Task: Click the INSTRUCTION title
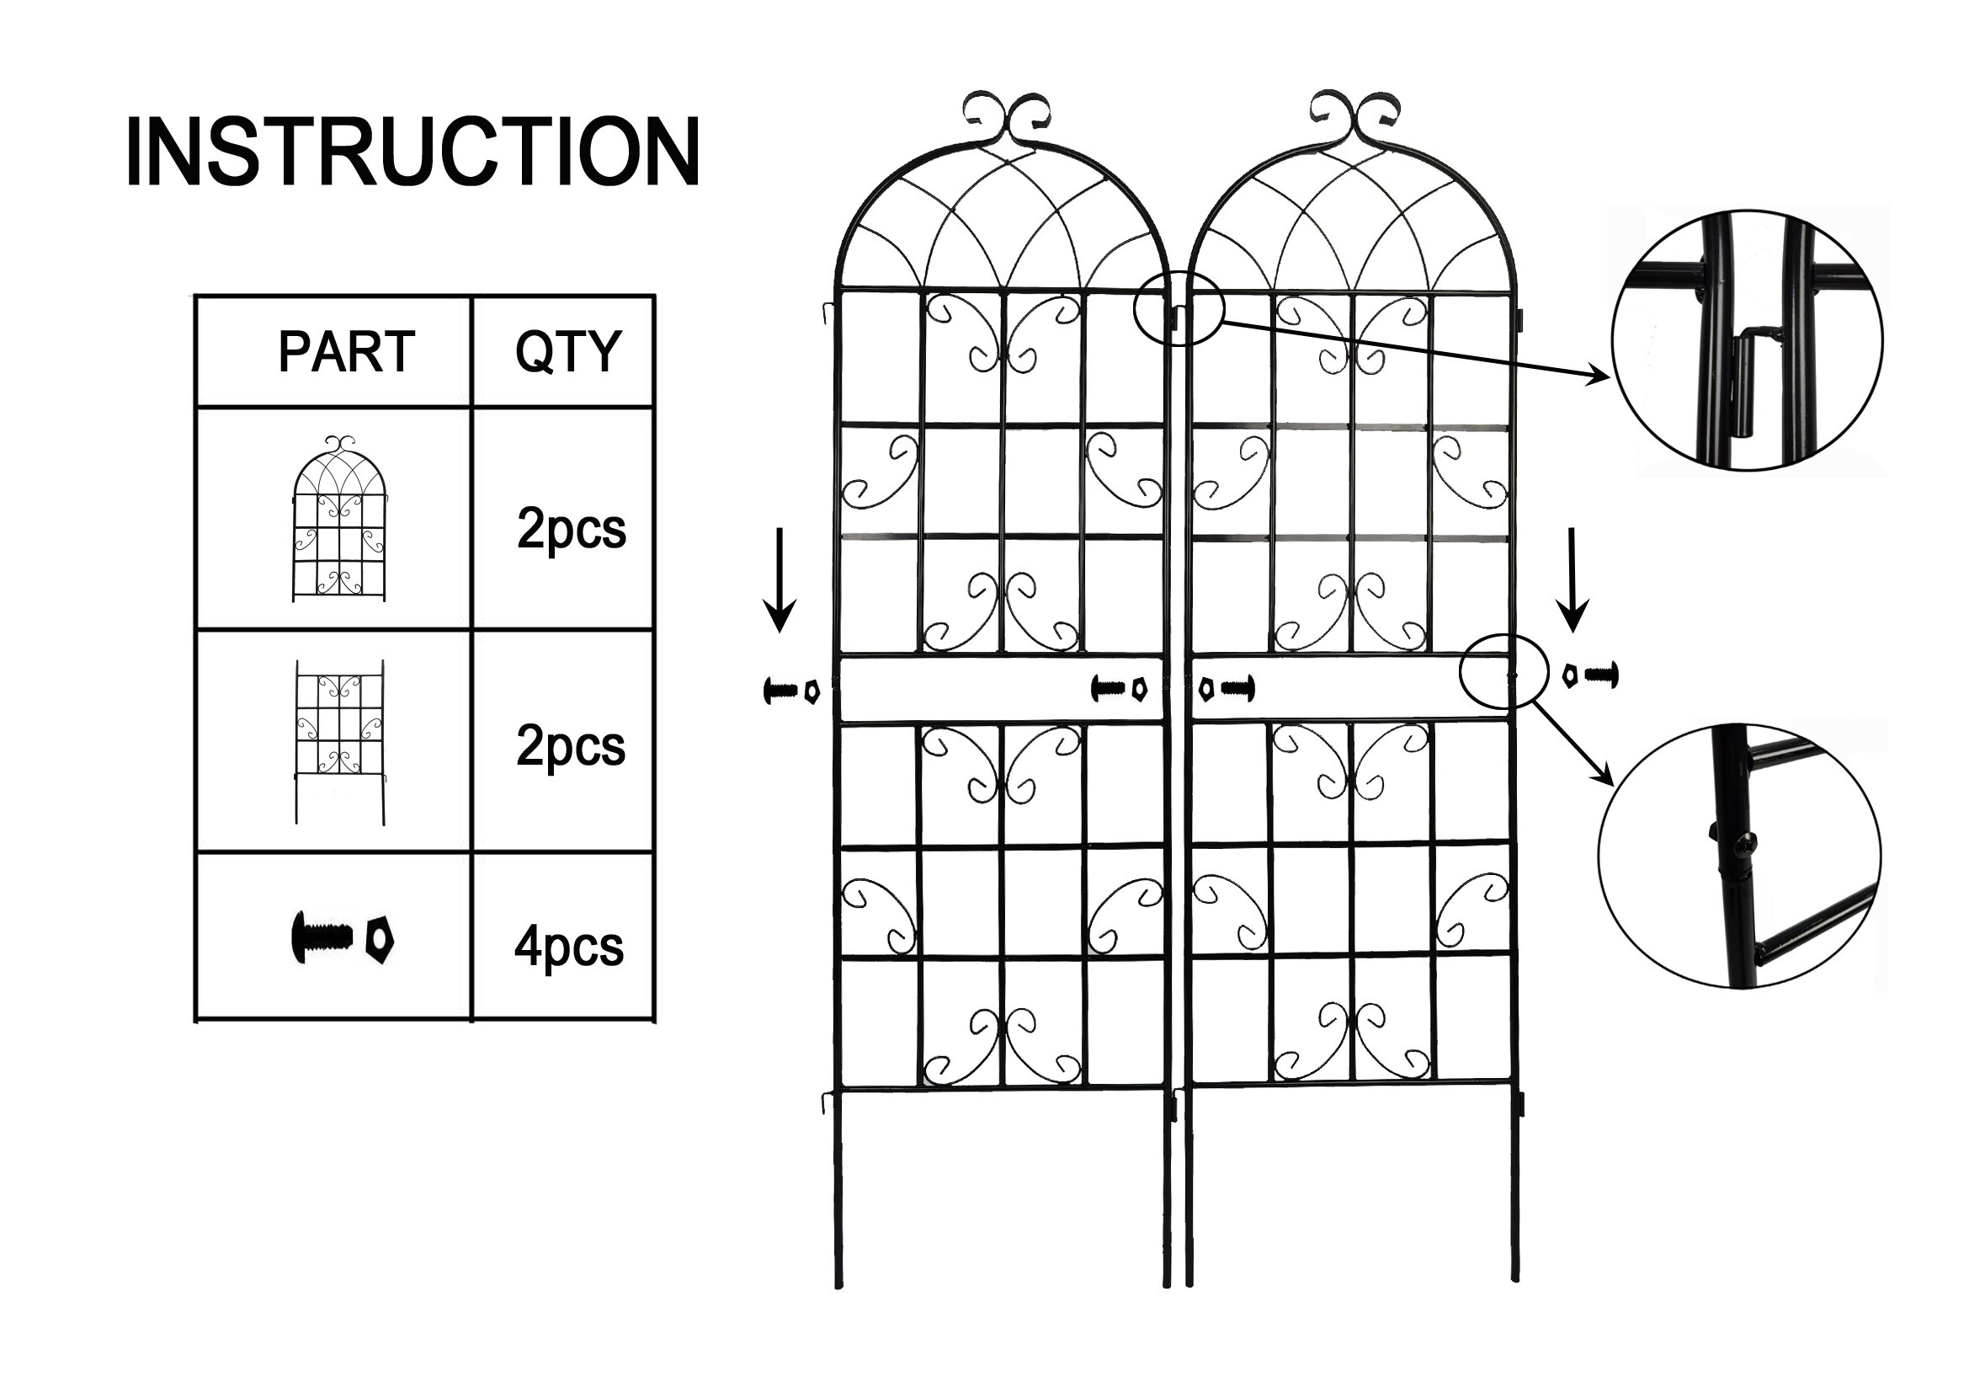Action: (x=412, y=152)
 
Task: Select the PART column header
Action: (x=347, y=352)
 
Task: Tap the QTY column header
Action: (x=567, y=352)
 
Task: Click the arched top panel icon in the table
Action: (x=339, y=518)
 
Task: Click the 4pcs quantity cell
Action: (x=568, y=947)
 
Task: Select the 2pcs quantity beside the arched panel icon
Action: (x=571, y=528)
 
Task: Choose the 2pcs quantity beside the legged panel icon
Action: (x=570, y=746)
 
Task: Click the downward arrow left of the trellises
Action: (x=780, y=579)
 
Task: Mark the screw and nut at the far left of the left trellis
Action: (x=790, y=690)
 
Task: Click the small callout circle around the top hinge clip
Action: (x=1179, y=308)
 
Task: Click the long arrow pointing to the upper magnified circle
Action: (x=1415, y=350)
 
